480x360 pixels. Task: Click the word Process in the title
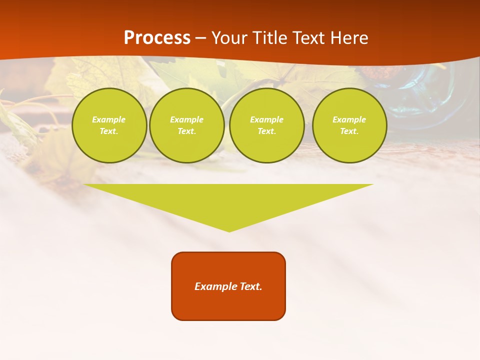(157, 38)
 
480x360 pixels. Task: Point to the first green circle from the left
(109, 125)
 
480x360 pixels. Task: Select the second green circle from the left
(186, 125)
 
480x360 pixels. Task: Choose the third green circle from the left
(266, 125)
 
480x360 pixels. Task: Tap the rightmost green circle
(349, 125)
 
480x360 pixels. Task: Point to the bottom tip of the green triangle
(229, 231)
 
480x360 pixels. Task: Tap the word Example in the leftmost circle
(109, 119)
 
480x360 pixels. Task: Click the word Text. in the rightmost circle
(349, 131)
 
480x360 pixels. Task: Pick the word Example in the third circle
(266, 119)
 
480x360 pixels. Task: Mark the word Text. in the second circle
(186, 131)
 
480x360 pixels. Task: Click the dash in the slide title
(201, 38)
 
